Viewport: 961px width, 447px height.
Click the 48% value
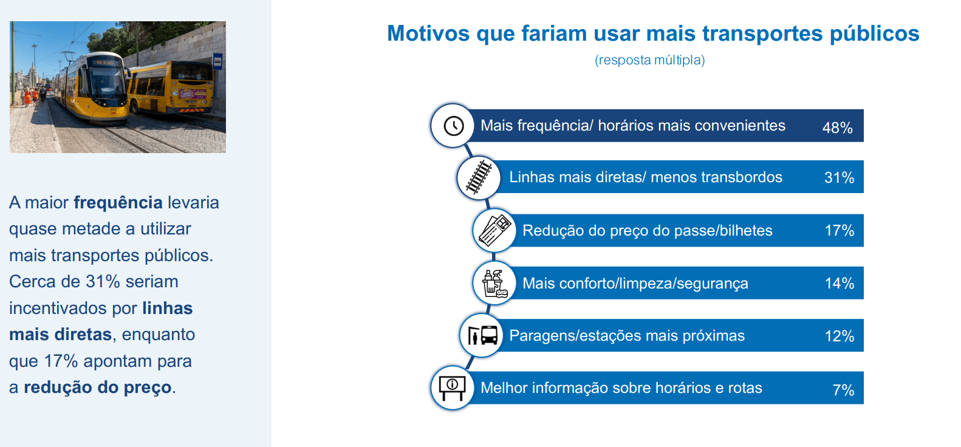(837, 128)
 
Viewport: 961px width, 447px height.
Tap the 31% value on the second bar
(839, 177)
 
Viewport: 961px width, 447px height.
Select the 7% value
(843, 390)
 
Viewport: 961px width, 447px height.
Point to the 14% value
(839, 283)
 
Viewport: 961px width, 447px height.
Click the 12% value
(839, 336)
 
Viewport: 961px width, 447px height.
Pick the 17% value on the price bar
(839, 230)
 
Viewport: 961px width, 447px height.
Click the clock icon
(454, 126)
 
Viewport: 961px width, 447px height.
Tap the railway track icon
(479, 177)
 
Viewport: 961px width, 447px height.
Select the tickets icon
(494, 230)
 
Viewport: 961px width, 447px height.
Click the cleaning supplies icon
(494, 284)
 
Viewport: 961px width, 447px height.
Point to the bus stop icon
(483, 335)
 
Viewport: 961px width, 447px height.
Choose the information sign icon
(452, 388)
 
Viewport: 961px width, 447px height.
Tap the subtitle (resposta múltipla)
(649, 60)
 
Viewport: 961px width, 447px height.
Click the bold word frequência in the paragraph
(118, 203)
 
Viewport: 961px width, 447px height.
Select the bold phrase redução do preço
(97, 387)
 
